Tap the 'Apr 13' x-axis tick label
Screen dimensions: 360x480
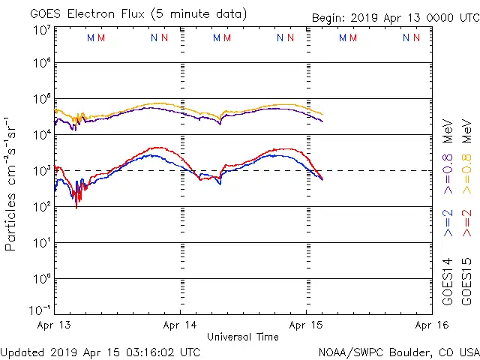click(54, 325)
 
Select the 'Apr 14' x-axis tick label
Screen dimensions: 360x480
click(180, 325)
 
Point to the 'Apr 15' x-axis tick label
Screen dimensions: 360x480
click(306, 325)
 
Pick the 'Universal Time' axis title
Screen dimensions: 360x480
click(242, 337)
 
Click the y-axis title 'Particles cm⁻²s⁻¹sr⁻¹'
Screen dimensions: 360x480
click(12, 183)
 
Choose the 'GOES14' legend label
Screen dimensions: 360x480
click(448, 281)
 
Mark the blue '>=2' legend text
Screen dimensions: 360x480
click(448, 223)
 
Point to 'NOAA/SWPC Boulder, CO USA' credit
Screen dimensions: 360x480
click(398, 352)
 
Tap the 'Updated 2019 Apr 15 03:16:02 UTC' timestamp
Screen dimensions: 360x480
click(100, 352)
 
